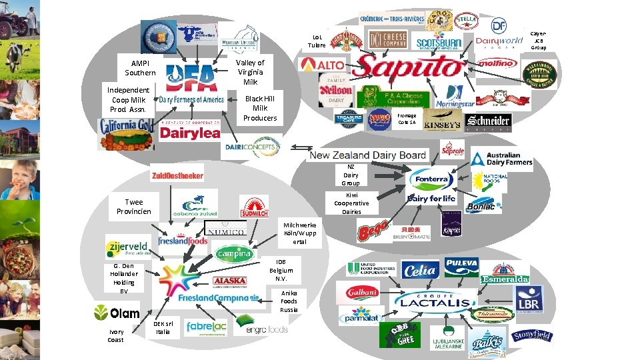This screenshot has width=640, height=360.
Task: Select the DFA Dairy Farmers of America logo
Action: pyautogui.click(x=191, y=85)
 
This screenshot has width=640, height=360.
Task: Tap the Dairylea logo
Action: pyautogui.click(x=190, y=133)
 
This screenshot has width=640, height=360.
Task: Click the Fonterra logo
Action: pyautogui.click(x=432, y=179)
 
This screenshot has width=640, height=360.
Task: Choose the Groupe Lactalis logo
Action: pyautogui.click(x=434, y=301)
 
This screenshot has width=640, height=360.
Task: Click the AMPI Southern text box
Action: pyautogui.click(x=140, y=68)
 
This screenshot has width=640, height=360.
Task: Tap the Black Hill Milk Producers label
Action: pyautogui.click(x=259, y=108)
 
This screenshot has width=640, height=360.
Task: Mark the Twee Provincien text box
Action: pyautogui.click(x=133, y=207)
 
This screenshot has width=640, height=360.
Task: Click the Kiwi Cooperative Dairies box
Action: pyautogui.click(x=351, y=203)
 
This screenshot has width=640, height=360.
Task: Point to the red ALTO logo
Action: pyautogui.click(x=323, y=65)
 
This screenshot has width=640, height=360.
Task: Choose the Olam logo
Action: pyautogui.click(x=117, y=312)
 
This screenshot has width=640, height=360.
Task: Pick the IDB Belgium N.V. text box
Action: pyautogui.click(x=281, y=269)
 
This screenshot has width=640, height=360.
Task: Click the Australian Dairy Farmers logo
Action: pyautogui.click(x=502, y=159)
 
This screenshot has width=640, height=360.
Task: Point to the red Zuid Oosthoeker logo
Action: pyautogui.click(x=177, y=174)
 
